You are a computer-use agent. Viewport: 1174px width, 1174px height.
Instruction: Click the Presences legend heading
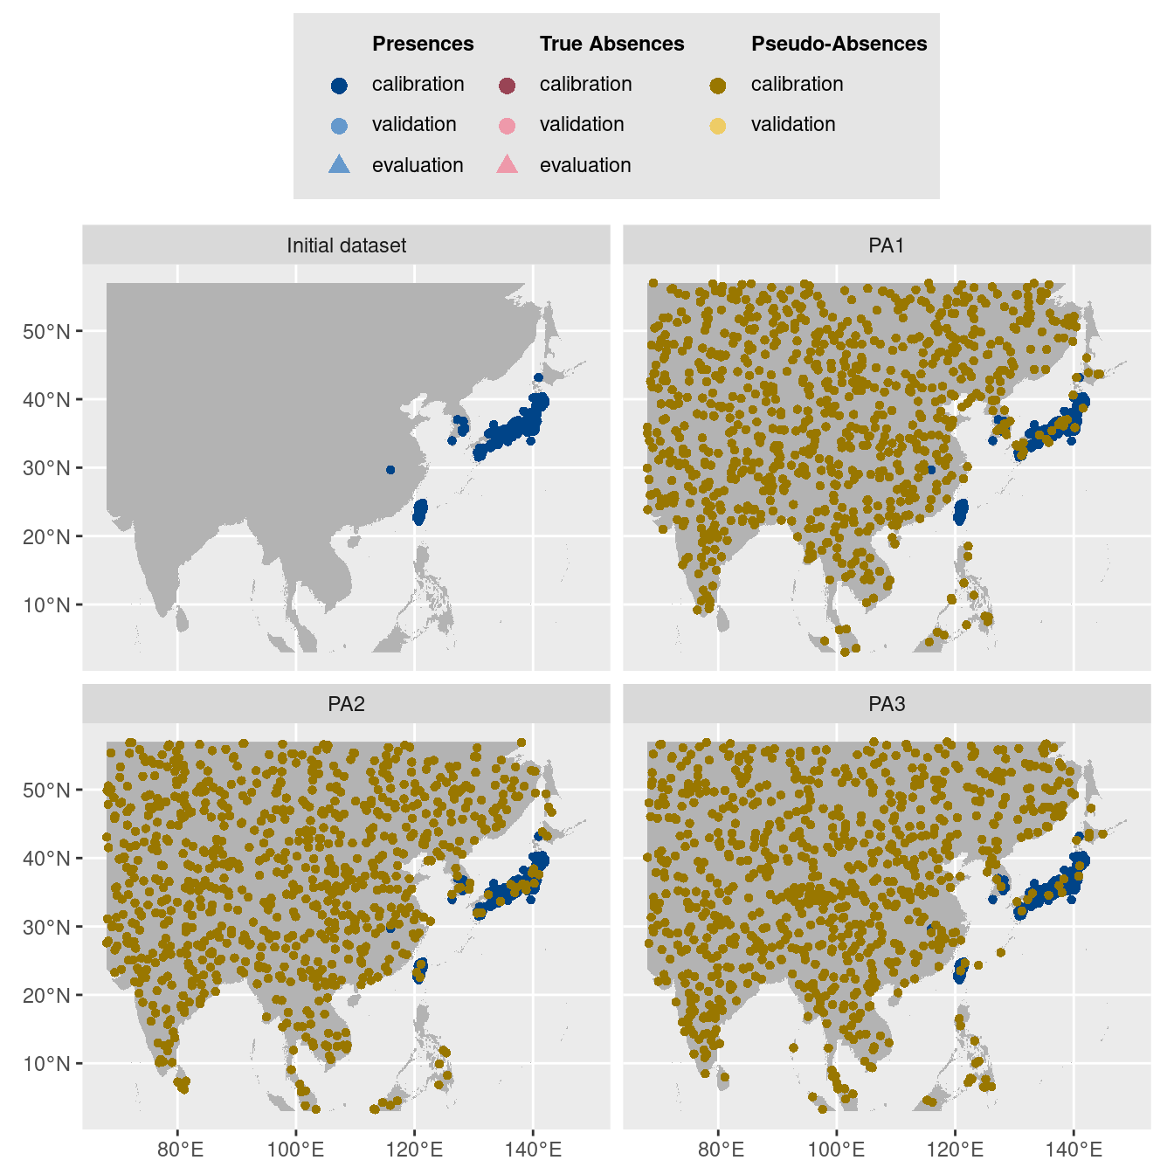point(423,44)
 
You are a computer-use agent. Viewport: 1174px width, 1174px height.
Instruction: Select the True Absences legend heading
point(611,44)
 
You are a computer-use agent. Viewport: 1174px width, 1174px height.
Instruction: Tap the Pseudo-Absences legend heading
point(839,44)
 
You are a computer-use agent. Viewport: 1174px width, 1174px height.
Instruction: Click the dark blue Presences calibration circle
point(340,85)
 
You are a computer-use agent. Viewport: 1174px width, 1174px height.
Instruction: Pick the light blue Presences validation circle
point(340,126)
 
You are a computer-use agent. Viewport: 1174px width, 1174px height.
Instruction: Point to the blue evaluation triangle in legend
point(340,164)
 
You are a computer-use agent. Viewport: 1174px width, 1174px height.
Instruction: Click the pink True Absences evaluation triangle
point(508,164)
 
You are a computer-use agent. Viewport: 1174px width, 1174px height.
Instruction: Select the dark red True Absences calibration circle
point(508,85)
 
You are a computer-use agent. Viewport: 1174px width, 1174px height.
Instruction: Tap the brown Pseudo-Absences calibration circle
point(718,85)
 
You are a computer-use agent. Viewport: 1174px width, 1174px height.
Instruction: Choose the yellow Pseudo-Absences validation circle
point(718,126)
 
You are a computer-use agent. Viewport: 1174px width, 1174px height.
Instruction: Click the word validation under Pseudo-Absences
point(793,125)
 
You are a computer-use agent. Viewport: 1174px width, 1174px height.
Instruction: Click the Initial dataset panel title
point(347,245)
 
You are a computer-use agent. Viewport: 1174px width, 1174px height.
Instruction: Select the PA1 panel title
point(887,245)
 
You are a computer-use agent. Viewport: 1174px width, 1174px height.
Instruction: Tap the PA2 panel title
point(347,704)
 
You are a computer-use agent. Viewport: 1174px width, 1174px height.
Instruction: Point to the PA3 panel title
point(887,704)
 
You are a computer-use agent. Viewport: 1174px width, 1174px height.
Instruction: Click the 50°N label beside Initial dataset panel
point(46,332)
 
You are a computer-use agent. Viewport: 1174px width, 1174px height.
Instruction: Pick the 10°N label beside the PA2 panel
point(46,1064)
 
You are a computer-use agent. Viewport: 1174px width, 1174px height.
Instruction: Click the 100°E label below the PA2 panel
point(295,1150)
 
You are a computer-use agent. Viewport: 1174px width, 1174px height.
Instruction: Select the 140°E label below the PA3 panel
point(1074,1150)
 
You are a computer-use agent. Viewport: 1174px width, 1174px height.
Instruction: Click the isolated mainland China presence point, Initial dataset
point(390,470)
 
